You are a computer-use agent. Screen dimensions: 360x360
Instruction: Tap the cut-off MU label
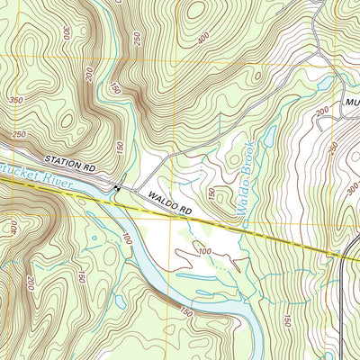coord(351,103)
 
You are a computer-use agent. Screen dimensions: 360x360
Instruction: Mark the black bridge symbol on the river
coord(117,186)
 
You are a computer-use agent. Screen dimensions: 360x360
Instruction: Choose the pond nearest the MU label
coord(323,84)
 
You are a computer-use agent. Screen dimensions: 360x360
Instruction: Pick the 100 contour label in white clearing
coord(203,249)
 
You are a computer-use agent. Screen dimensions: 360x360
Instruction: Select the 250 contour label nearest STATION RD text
coord(19,133)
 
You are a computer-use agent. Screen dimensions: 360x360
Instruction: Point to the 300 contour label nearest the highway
coord(349,191)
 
